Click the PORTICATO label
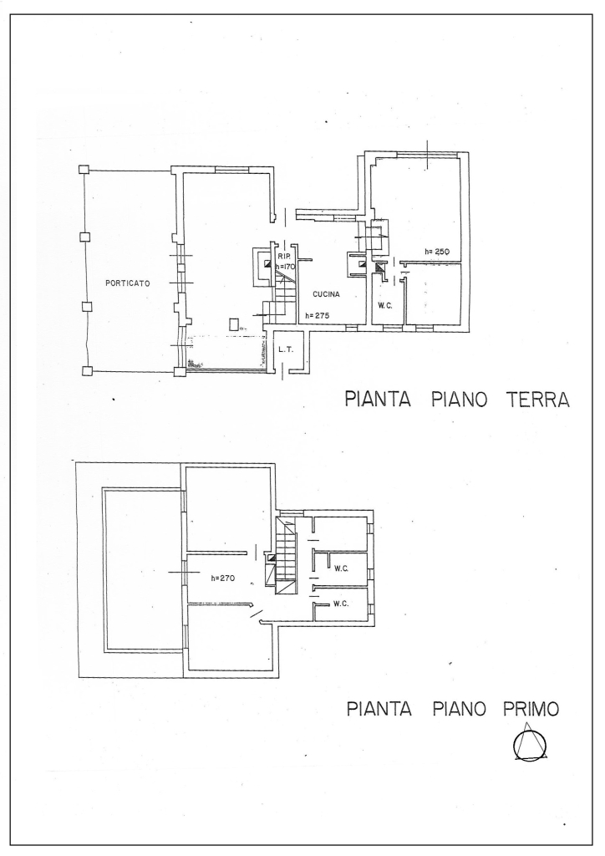(128, 283)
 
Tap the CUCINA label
(326, 294)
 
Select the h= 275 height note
(317, 315)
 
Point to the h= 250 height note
(436, 252)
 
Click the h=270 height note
(222, 578)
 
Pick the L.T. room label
(286, 349)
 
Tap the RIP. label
(283, 257)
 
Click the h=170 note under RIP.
(285, 267)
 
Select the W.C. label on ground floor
(385, 306)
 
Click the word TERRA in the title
(538, 400)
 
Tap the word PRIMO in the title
(531, 709)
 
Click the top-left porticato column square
(83, 170)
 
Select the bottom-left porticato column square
(86, 371)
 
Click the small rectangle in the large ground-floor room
(234, 324)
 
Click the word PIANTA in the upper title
(378, 400)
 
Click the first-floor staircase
(285, 556)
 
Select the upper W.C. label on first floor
(342, 568)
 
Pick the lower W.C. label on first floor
(342, 604)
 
